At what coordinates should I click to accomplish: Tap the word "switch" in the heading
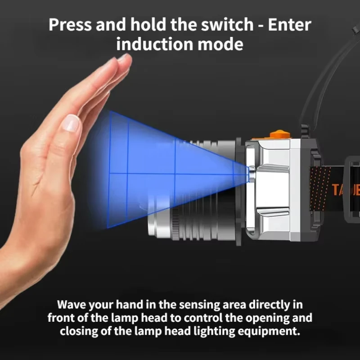point(230,24)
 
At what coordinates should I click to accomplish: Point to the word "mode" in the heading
point(223,44)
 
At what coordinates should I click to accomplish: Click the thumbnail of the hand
point(70,123)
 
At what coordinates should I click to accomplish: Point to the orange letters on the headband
point(345,189)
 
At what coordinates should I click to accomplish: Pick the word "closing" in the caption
point(78,331)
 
